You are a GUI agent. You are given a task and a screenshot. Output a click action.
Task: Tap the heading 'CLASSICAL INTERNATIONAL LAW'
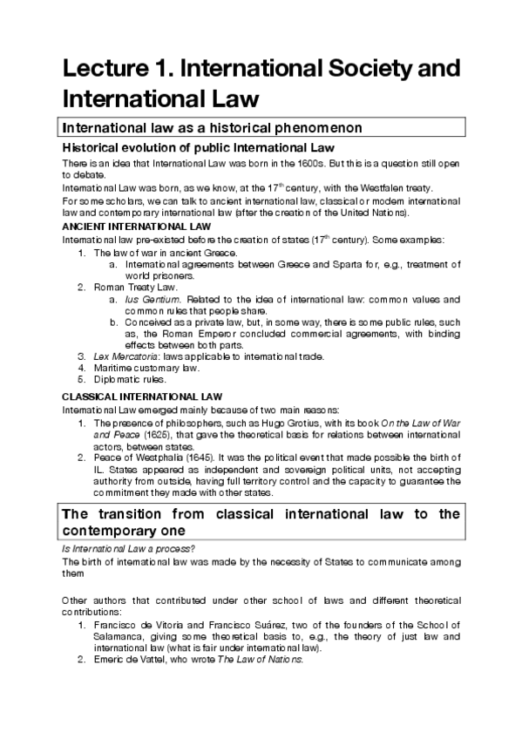pos(123,396)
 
